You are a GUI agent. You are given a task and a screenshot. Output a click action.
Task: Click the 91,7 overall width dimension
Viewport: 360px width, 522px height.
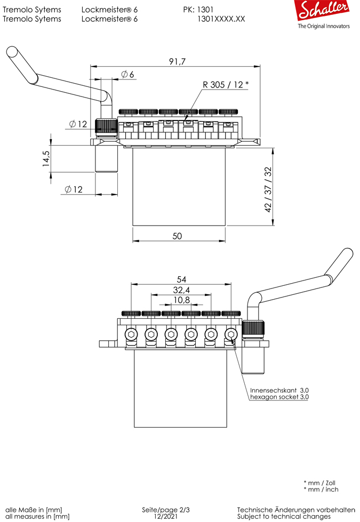177,61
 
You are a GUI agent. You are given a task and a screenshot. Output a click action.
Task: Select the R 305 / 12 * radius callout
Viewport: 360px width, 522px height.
226,85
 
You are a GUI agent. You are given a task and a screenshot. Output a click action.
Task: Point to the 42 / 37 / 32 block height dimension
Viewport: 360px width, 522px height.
268,189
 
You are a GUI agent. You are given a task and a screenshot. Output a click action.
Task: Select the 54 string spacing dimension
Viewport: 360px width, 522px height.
181,279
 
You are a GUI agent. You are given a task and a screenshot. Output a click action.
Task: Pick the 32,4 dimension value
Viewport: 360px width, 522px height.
181,290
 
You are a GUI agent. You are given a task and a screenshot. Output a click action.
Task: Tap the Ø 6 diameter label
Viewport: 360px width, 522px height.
127,74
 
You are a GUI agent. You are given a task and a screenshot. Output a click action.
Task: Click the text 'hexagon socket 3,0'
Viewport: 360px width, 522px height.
279,397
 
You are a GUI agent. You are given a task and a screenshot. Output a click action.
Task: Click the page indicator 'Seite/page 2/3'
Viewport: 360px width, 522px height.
165,510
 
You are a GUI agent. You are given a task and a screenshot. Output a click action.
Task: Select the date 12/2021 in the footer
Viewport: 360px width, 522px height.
165,517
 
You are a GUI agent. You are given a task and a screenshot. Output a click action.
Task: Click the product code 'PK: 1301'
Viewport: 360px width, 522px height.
198,10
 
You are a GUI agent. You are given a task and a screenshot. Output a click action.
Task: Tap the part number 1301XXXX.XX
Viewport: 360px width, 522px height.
221,19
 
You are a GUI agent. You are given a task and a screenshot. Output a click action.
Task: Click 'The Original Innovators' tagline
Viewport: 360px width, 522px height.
324,26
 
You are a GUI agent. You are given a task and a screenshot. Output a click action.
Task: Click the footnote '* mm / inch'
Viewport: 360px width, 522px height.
321,489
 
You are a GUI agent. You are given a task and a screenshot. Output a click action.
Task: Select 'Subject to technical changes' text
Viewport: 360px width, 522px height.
284,517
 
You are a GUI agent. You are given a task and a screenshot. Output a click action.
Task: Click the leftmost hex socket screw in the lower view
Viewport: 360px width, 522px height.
131,335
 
